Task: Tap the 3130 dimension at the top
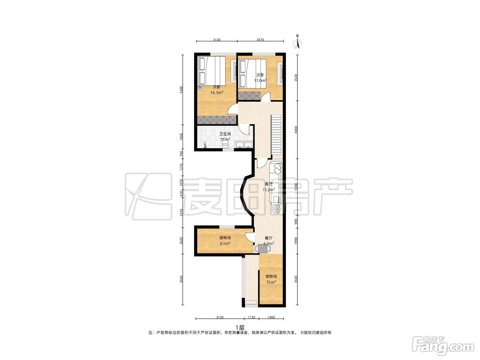(x=216, y=40)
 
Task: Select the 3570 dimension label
(x=260, y=40)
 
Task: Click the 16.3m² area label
(x=217, y=93)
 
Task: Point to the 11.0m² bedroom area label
(x=260, y=81)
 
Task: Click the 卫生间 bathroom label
(x=225, y=134)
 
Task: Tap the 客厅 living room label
(x=268, y=184)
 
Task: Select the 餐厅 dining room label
(x=268, y=238)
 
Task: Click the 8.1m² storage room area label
(x=225, y=243)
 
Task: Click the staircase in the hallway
(x=276, y=134)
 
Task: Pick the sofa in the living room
(x=276, y=184)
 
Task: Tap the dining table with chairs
(x=263, y=249)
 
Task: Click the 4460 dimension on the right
(x=296, y=130)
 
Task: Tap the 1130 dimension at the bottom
(x=251, y=317)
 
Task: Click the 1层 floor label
(x=240, y=327)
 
